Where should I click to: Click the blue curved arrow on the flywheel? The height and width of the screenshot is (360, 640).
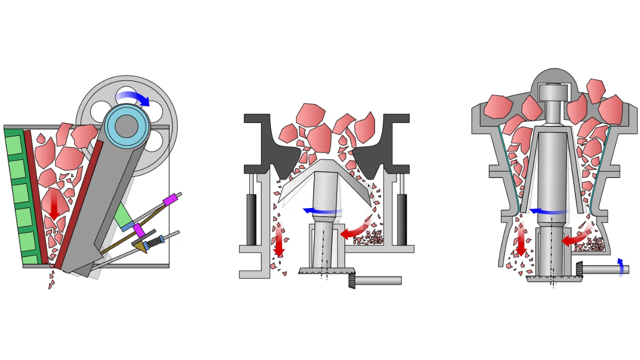tap(134, 97)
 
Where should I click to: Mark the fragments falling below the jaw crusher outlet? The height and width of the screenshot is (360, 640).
tap(51, 279)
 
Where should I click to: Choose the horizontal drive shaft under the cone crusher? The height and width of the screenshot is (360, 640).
tap(378, 280)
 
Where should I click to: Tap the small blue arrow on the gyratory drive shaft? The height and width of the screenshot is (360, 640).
tap(620, 267)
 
